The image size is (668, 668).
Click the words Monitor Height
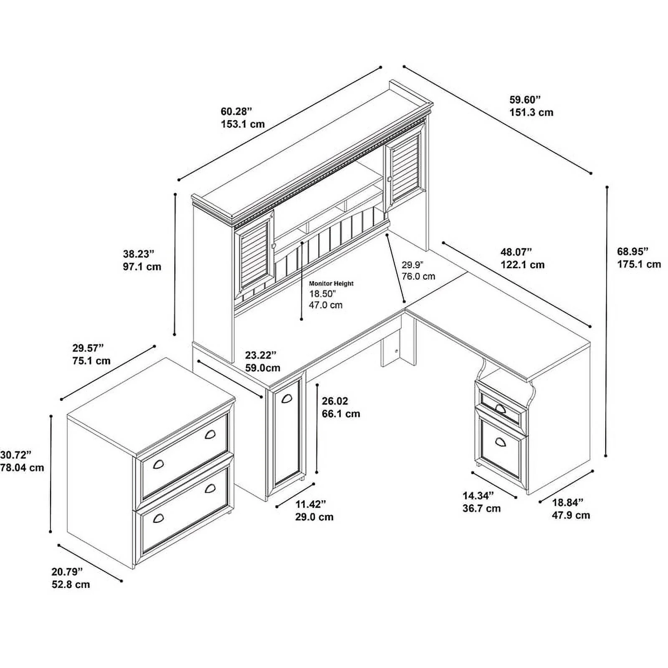tap(331, 283)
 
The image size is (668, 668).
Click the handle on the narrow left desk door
tap(286, 399)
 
